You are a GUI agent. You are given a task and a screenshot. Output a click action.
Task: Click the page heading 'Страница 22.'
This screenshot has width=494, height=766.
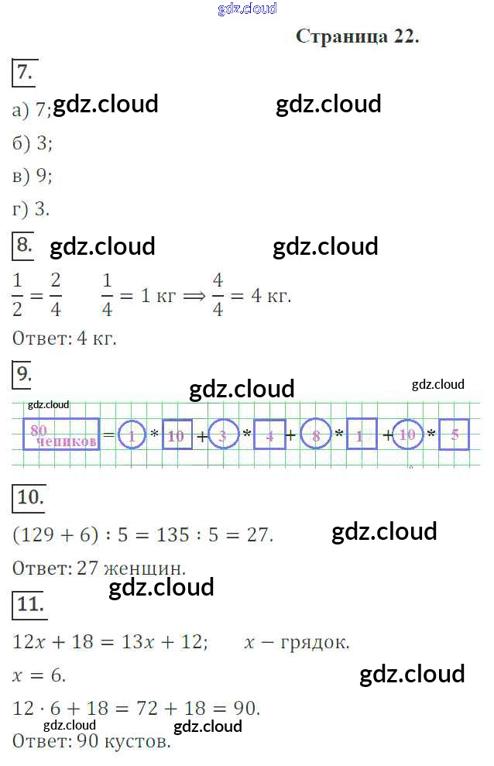[357, 37]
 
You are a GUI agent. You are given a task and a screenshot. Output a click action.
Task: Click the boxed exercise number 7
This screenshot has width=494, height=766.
[24, 73]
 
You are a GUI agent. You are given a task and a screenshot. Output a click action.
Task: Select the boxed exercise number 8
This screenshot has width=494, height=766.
[24, 246]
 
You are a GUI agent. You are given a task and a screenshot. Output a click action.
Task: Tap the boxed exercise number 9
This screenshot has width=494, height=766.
[24, 375]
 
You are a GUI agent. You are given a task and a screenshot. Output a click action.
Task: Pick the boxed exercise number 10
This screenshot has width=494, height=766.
[30, 497]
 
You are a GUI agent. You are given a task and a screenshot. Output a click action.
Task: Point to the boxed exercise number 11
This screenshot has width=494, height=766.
[29, 605]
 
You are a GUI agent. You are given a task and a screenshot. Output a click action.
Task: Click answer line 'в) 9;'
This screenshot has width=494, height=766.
[33, 176]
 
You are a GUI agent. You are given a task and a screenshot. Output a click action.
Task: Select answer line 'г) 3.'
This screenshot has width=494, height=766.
[32, 209]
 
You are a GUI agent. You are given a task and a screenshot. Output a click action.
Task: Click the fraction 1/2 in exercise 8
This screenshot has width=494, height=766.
[18, 295]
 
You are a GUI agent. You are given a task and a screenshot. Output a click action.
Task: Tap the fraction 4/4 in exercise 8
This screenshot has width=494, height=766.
[218, 295]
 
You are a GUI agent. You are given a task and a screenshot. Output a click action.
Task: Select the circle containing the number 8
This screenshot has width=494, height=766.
[316, 435]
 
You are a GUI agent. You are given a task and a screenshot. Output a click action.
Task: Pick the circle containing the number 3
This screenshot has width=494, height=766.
[224, 435]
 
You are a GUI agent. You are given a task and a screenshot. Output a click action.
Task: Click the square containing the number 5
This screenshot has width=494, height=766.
[455, 435]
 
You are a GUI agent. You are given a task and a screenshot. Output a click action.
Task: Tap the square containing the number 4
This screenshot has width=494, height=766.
[269, 435]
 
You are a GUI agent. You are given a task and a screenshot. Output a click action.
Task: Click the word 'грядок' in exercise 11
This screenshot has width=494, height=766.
[317, 642]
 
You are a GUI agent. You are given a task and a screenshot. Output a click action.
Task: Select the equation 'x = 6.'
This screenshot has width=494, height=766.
[39, 675]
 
